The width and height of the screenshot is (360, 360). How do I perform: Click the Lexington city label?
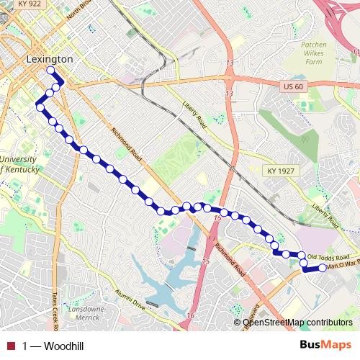[x=49, y=58]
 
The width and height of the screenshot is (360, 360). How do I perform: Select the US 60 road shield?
[x=289, y=85]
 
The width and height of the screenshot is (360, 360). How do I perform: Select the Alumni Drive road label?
[x=130, y=298]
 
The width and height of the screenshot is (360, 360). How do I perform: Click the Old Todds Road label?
[x=328, y=257]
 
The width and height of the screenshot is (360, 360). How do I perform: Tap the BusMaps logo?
[x=325, y=346]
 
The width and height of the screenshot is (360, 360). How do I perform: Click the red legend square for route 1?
[x=11, y=346]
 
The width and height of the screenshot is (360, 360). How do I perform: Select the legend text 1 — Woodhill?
[x=53, y=346]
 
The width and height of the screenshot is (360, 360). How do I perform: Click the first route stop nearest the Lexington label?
[x=51, y=71]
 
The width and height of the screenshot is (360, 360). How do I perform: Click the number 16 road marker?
[x=190, y=315]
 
